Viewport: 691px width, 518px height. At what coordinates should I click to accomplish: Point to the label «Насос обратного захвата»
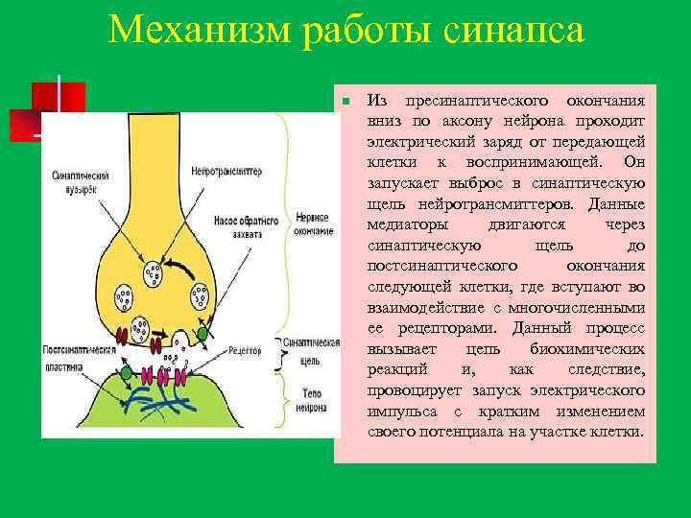[x=245, y=228]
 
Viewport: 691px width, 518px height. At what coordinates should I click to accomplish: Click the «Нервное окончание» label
[x=314, y=224]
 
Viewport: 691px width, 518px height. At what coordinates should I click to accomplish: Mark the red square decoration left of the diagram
[x=58, y=99]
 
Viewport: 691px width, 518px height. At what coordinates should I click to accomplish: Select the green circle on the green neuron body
[x=126, y=371]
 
